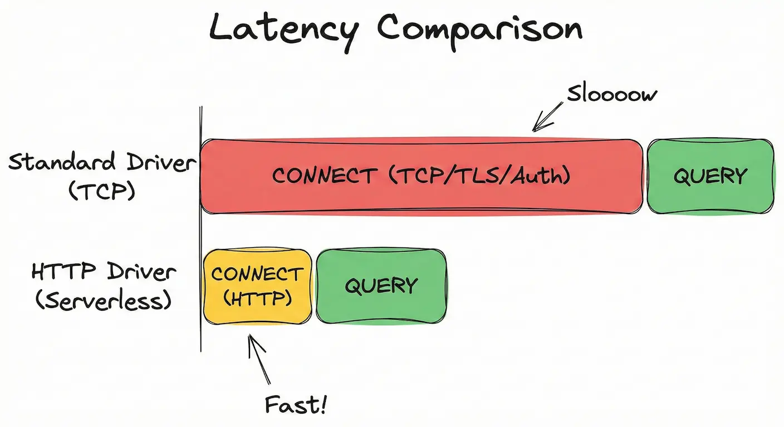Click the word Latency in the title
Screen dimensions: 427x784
(x=283, y=29)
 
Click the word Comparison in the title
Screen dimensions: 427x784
(x=480, y=29)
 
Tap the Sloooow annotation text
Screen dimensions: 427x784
(x=611, y=94)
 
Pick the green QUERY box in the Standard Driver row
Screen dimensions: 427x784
(x=710, y=176)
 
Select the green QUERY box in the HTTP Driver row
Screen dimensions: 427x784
(x=381, y=286)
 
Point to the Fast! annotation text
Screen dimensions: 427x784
(x=295, y=405)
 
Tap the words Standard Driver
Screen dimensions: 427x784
(x=102, y=163)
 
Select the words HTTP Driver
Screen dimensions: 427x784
(x=104, y=273)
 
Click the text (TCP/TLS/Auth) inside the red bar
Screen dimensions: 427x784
(x=480, y=176)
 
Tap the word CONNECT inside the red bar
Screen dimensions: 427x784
(x=323, y=176)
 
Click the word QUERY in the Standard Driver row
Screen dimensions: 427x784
(x=710, y=176)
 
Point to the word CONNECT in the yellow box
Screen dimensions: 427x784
(x=257, y=274)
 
